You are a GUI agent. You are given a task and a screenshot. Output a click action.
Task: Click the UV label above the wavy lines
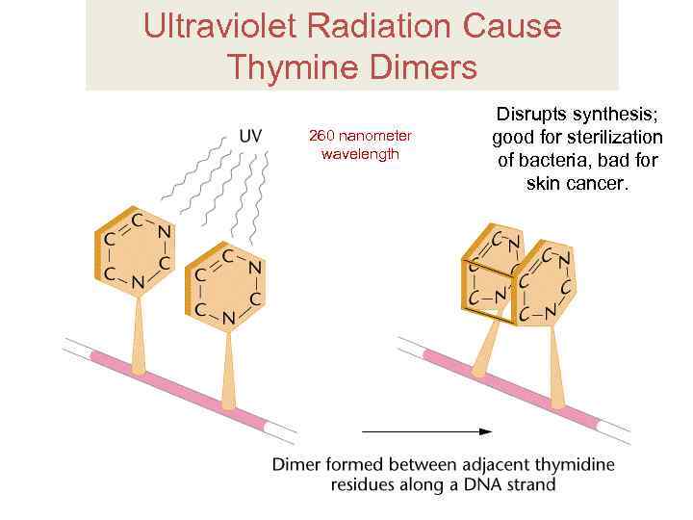[x=249, y=136]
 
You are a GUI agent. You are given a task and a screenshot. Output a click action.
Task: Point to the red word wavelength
[x=360, y=154]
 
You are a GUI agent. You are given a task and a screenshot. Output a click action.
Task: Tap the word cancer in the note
[x=599, y=183]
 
